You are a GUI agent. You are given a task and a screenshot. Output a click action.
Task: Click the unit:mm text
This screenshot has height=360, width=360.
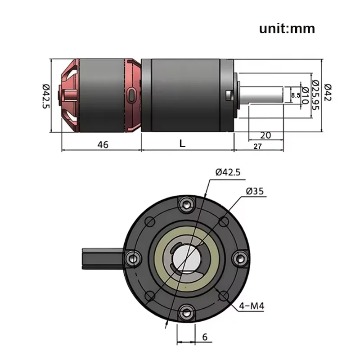coord(287,29)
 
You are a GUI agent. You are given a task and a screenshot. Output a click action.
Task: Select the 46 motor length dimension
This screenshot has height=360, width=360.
coord(103,144)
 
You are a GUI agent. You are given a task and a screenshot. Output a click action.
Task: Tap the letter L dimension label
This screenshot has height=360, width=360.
coord(182,144)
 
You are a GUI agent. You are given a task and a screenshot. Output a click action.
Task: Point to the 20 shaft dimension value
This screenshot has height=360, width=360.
coord(265,135)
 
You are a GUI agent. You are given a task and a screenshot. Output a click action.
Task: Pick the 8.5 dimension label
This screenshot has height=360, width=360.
coord(295,95)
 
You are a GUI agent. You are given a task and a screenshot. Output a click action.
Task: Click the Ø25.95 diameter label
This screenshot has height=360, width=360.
coord(315,95)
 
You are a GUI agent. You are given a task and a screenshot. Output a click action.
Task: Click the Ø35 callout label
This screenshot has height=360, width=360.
coord(255,192)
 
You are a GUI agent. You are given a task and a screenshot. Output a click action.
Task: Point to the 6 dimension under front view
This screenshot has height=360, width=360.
coord(205,337)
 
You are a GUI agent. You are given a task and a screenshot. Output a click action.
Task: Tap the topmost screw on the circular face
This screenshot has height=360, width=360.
coord(186,205)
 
